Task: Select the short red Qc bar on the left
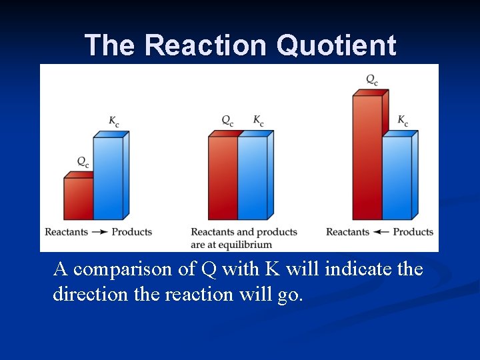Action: [x=78, y=198]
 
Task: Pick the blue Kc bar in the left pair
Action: [x=108, y=178]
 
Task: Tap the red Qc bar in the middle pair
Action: [x=223, y=177]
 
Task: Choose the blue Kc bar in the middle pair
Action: [x=253, y=177]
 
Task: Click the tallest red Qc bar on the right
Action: [x=367, y=157]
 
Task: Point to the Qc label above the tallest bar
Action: [x=372, y=80]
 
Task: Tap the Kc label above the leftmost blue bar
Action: [x=115, y=121]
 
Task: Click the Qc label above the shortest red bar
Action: [x=83, y=161]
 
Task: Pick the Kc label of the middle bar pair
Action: [x=259, y=121]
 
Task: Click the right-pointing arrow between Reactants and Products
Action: [x=100, y=232]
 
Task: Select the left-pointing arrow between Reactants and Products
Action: [x=381, y=232]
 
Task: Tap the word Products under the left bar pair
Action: [x=132, y=232]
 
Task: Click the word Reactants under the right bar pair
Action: [x=347, y=232]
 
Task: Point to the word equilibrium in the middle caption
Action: [x=250, y=243]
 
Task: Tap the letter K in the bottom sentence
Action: [x=272, y=269]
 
